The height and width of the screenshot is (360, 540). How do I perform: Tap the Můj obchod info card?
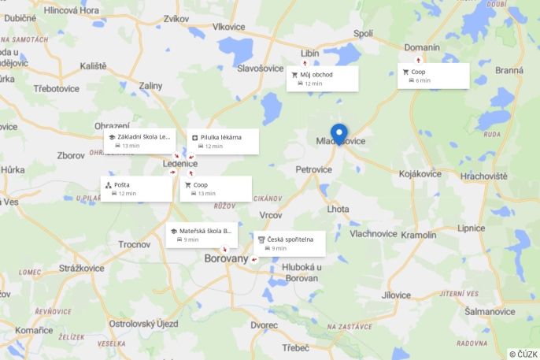coord(322,78)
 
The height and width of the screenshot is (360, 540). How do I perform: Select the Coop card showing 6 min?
coord(433,76)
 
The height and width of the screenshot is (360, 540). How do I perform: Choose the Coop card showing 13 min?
coord(215,188)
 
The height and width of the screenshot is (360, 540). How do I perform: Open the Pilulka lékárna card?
coord(224,141)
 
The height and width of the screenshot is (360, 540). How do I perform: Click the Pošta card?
coord(136,188)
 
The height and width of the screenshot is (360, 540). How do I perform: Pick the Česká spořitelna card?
coord(290,243)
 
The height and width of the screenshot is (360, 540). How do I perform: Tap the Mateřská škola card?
coord(201,235)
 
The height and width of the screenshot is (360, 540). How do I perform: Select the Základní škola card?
coord(139,140)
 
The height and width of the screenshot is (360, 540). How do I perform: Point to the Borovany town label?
coord(226,258)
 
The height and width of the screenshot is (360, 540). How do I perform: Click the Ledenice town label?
coord(180,163)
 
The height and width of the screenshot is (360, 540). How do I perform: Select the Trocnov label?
coord(134,244)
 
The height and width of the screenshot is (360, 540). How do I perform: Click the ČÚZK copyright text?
coord(523,354)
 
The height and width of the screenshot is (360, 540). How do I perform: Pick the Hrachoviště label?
coord(484,176)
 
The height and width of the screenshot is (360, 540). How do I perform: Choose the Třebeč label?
coord(295,347)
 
